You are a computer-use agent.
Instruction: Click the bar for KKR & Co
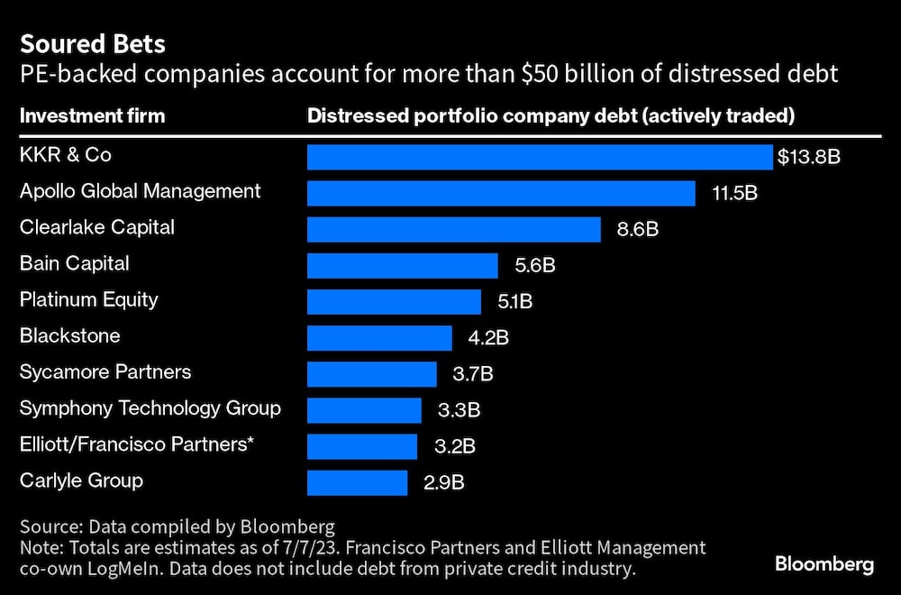540,157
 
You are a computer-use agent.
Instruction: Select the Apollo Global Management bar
501,193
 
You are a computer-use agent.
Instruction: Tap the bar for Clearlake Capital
453,229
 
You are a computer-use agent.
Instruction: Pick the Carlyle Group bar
358,481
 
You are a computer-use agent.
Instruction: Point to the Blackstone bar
379,337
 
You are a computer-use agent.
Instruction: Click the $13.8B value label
809,158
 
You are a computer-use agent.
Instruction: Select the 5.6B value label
534,265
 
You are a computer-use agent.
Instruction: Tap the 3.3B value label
458,410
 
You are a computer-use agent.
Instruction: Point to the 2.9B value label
443,482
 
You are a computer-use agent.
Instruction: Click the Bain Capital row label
75,263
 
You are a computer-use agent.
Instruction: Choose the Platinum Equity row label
88,299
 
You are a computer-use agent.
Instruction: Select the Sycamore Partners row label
105,371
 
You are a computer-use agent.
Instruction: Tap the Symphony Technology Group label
150,407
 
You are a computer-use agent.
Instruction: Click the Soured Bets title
80,43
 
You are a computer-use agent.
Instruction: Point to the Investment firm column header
92,115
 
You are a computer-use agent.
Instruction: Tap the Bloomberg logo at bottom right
824,565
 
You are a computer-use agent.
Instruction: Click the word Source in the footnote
50,527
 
